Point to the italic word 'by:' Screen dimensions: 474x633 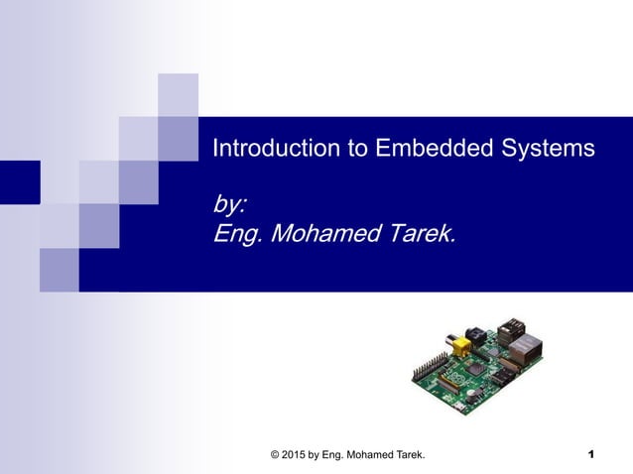pyautogui.click(x=230, y=205)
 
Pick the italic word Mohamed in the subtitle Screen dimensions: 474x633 pyautogui.click(x=322, y=235)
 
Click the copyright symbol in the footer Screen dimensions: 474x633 pyautogui.click(x=275, y=454)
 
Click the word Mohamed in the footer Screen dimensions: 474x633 pyautogui.click(x=376, y=454)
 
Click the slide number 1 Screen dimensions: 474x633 pyautogui.click(x=590, y=454)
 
